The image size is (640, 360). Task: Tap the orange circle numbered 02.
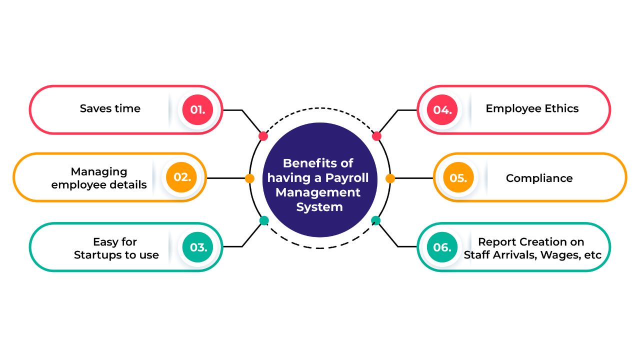182,178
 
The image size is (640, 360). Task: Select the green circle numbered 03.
198,246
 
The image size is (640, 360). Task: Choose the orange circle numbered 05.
457,178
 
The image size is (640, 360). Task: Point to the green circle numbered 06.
442,246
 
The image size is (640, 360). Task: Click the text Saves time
110,108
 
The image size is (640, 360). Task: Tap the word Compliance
539,178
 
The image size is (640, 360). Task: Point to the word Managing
99,171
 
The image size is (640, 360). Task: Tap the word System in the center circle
319,207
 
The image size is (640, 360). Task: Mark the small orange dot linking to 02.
250,178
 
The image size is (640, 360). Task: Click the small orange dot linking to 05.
390,178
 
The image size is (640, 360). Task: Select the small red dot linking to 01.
263,136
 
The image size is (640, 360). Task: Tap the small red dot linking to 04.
377,136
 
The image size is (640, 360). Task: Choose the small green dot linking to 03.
264,220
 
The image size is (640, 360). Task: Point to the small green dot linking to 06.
376,220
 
